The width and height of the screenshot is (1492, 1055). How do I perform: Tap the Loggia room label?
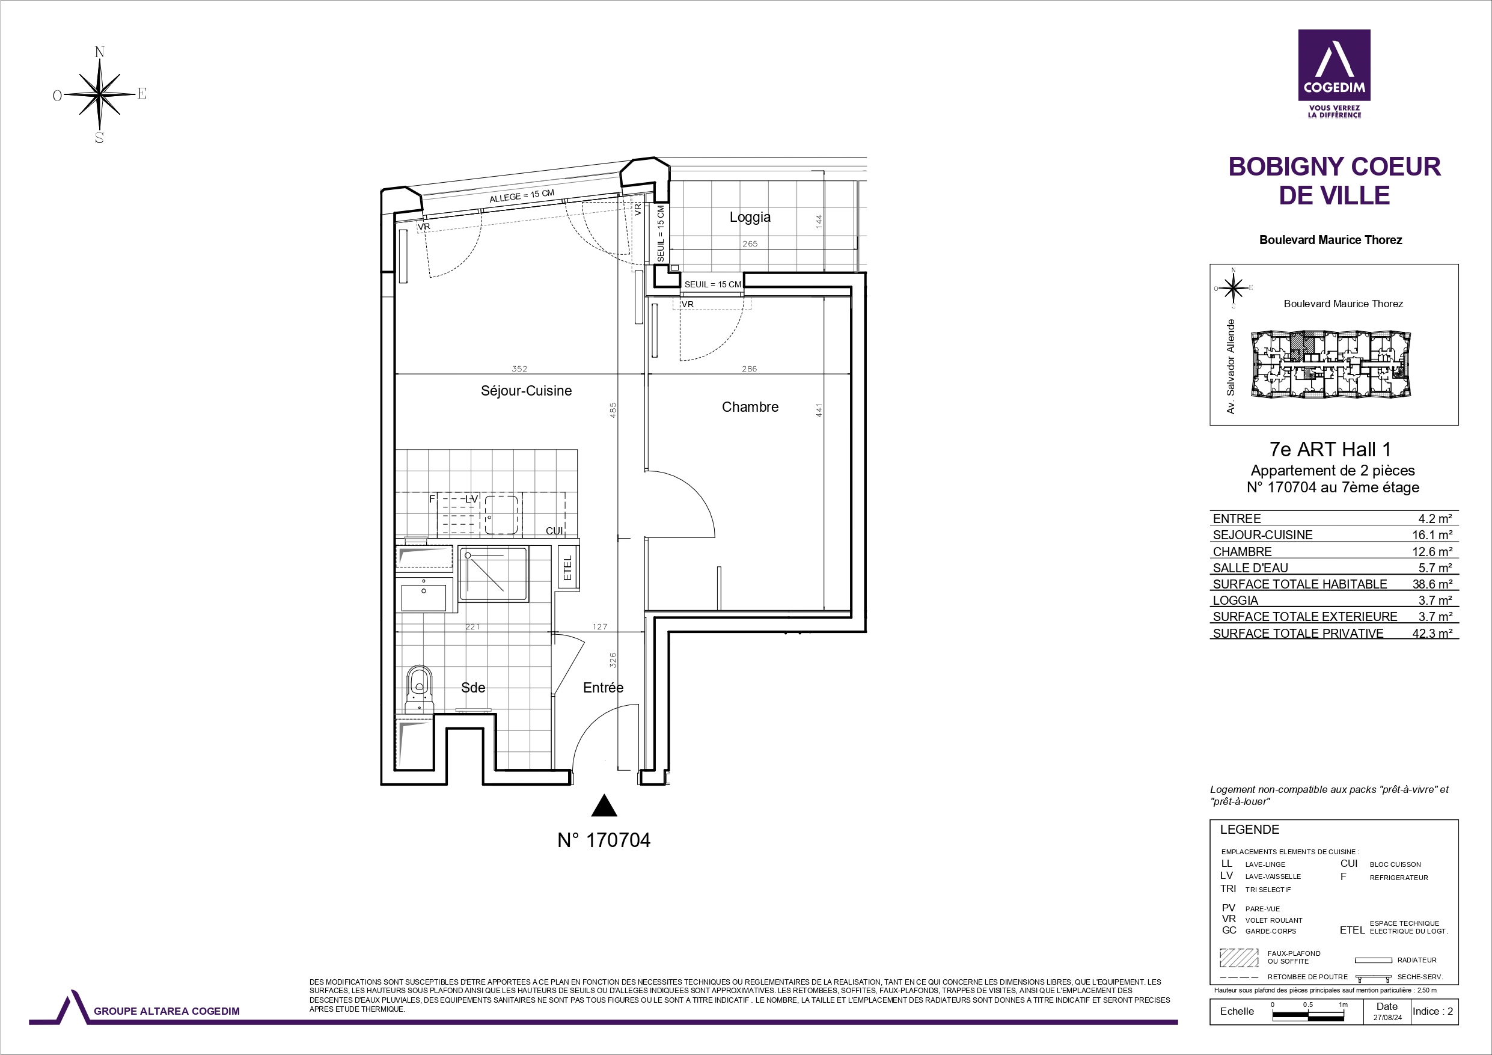(750, 217)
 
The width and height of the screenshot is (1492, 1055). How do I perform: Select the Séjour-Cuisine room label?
(527, 391)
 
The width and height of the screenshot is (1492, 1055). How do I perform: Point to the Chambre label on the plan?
(750, 407)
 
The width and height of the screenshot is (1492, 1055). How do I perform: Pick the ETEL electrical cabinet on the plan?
(568, 567)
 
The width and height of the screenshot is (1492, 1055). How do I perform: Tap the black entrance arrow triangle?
(604, 806)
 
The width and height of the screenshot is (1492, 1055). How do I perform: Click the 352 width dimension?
(519, 368)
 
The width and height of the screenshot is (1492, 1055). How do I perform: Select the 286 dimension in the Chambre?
(749, 368)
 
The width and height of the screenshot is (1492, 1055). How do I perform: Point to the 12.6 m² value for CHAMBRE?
(1431, 551)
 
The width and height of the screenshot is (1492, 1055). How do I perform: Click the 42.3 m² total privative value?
(1431, 633)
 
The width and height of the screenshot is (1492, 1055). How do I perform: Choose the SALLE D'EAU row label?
(1250, 567)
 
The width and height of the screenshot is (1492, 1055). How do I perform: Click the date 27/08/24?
(1387, 1018)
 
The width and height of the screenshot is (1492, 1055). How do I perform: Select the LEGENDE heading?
(1250, 830)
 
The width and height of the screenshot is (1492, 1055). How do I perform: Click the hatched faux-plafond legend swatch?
(1239, 958)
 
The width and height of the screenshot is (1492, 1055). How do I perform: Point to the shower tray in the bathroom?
(493, 574)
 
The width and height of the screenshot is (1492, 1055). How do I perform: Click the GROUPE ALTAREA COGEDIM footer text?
(167, 1011)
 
